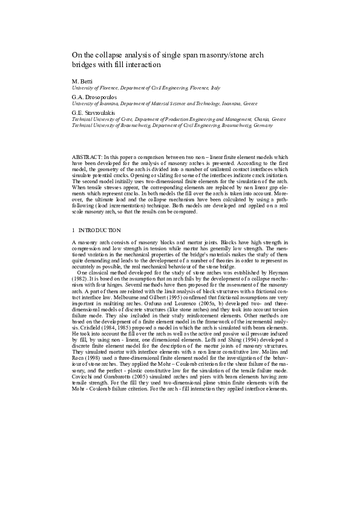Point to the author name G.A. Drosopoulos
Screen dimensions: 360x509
(93, 97)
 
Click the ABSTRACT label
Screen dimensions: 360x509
(85, 156)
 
